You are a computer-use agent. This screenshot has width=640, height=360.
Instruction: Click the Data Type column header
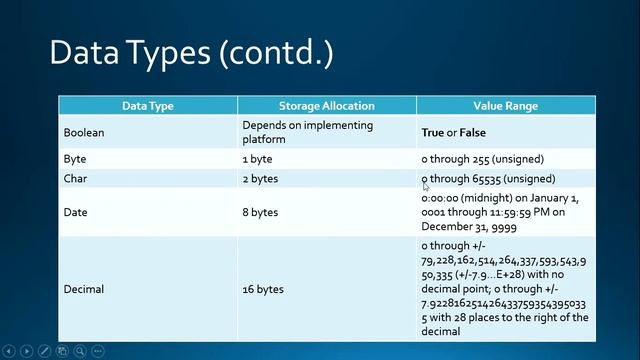pos(147,105)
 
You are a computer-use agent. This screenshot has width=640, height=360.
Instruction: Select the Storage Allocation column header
pos(326,105)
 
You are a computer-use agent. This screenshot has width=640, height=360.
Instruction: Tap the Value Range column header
pos(505,105)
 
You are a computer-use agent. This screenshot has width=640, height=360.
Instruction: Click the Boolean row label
pos(84,132)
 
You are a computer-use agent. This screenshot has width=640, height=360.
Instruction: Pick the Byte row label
pos(75,159)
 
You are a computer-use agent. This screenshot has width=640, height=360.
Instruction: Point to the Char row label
pos(75,179)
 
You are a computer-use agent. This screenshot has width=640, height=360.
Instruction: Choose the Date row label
pos(75,212)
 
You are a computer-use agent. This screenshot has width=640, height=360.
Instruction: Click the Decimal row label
pos(84,289)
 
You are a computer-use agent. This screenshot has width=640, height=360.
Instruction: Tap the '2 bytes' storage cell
pos(260,179)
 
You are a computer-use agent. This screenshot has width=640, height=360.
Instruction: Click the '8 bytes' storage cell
pos(260,212)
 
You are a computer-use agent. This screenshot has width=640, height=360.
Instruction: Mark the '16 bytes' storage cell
pos(263,289)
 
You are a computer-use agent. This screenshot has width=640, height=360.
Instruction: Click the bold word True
pos(432,132)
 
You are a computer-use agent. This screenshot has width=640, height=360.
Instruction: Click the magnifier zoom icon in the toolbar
pos(79,351)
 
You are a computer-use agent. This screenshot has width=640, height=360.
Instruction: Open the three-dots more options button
pos(97,351)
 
